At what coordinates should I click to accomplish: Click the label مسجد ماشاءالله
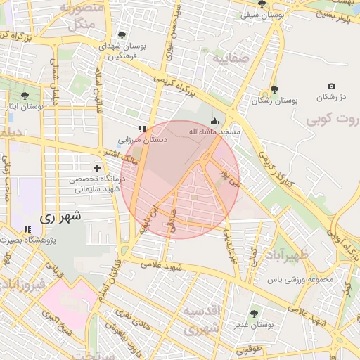[214, 131]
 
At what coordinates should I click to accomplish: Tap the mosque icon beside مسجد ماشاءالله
[214, 120]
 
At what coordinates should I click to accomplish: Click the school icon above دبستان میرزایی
[142, 129]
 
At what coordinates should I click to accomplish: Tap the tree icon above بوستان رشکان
[274, 90]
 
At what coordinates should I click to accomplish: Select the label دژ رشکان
[331, 96]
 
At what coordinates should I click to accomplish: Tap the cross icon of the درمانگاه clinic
[97, 169]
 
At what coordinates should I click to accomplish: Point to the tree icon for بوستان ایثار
[25, 96]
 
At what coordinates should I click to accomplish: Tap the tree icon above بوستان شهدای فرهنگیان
[122, 35]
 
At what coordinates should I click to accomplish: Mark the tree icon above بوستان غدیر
[254, 313]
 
